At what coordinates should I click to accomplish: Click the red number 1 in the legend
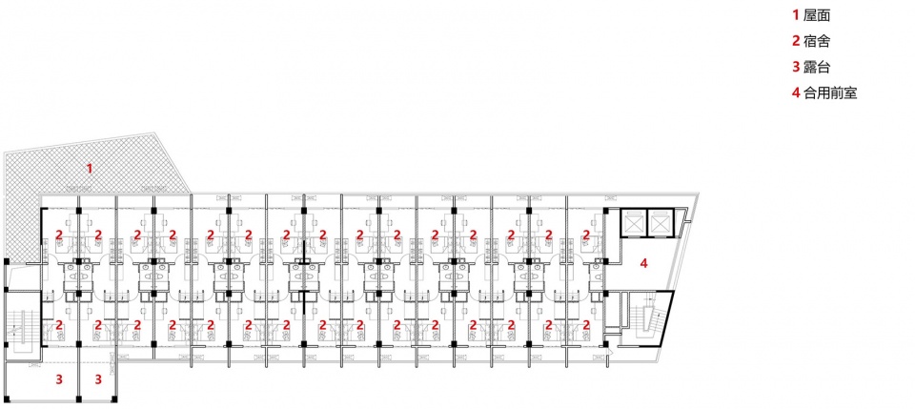tap(795, 16)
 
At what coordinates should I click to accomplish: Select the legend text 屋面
tap(817, 16)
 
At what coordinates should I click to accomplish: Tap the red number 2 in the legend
tap(795, 41)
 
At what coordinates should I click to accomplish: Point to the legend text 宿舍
tap(817, 41)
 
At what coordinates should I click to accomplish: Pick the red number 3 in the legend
tap(795, 67)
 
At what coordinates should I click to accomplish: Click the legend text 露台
tap(817, 67)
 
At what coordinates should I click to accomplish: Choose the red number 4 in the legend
tap(795, 92)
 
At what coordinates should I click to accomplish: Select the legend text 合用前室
tap(830, 92)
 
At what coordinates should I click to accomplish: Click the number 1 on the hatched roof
tap(90, 169)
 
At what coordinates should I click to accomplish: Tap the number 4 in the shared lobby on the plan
tap(643, 263)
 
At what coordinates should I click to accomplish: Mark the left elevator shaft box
tap(633, 222)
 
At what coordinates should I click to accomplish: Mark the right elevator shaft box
tap(660, 222)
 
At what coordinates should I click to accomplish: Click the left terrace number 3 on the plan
tap(59, 379)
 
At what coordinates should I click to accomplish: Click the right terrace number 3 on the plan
tap(98, 379)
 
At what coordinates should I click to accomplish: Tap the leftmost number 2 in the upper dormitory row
tap(59, 235)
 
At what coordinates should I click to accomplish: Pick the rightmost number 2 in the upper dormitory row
tap(587, 235)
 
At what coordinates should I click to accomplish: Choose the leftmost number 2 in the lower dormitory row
tap(59, 325)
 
